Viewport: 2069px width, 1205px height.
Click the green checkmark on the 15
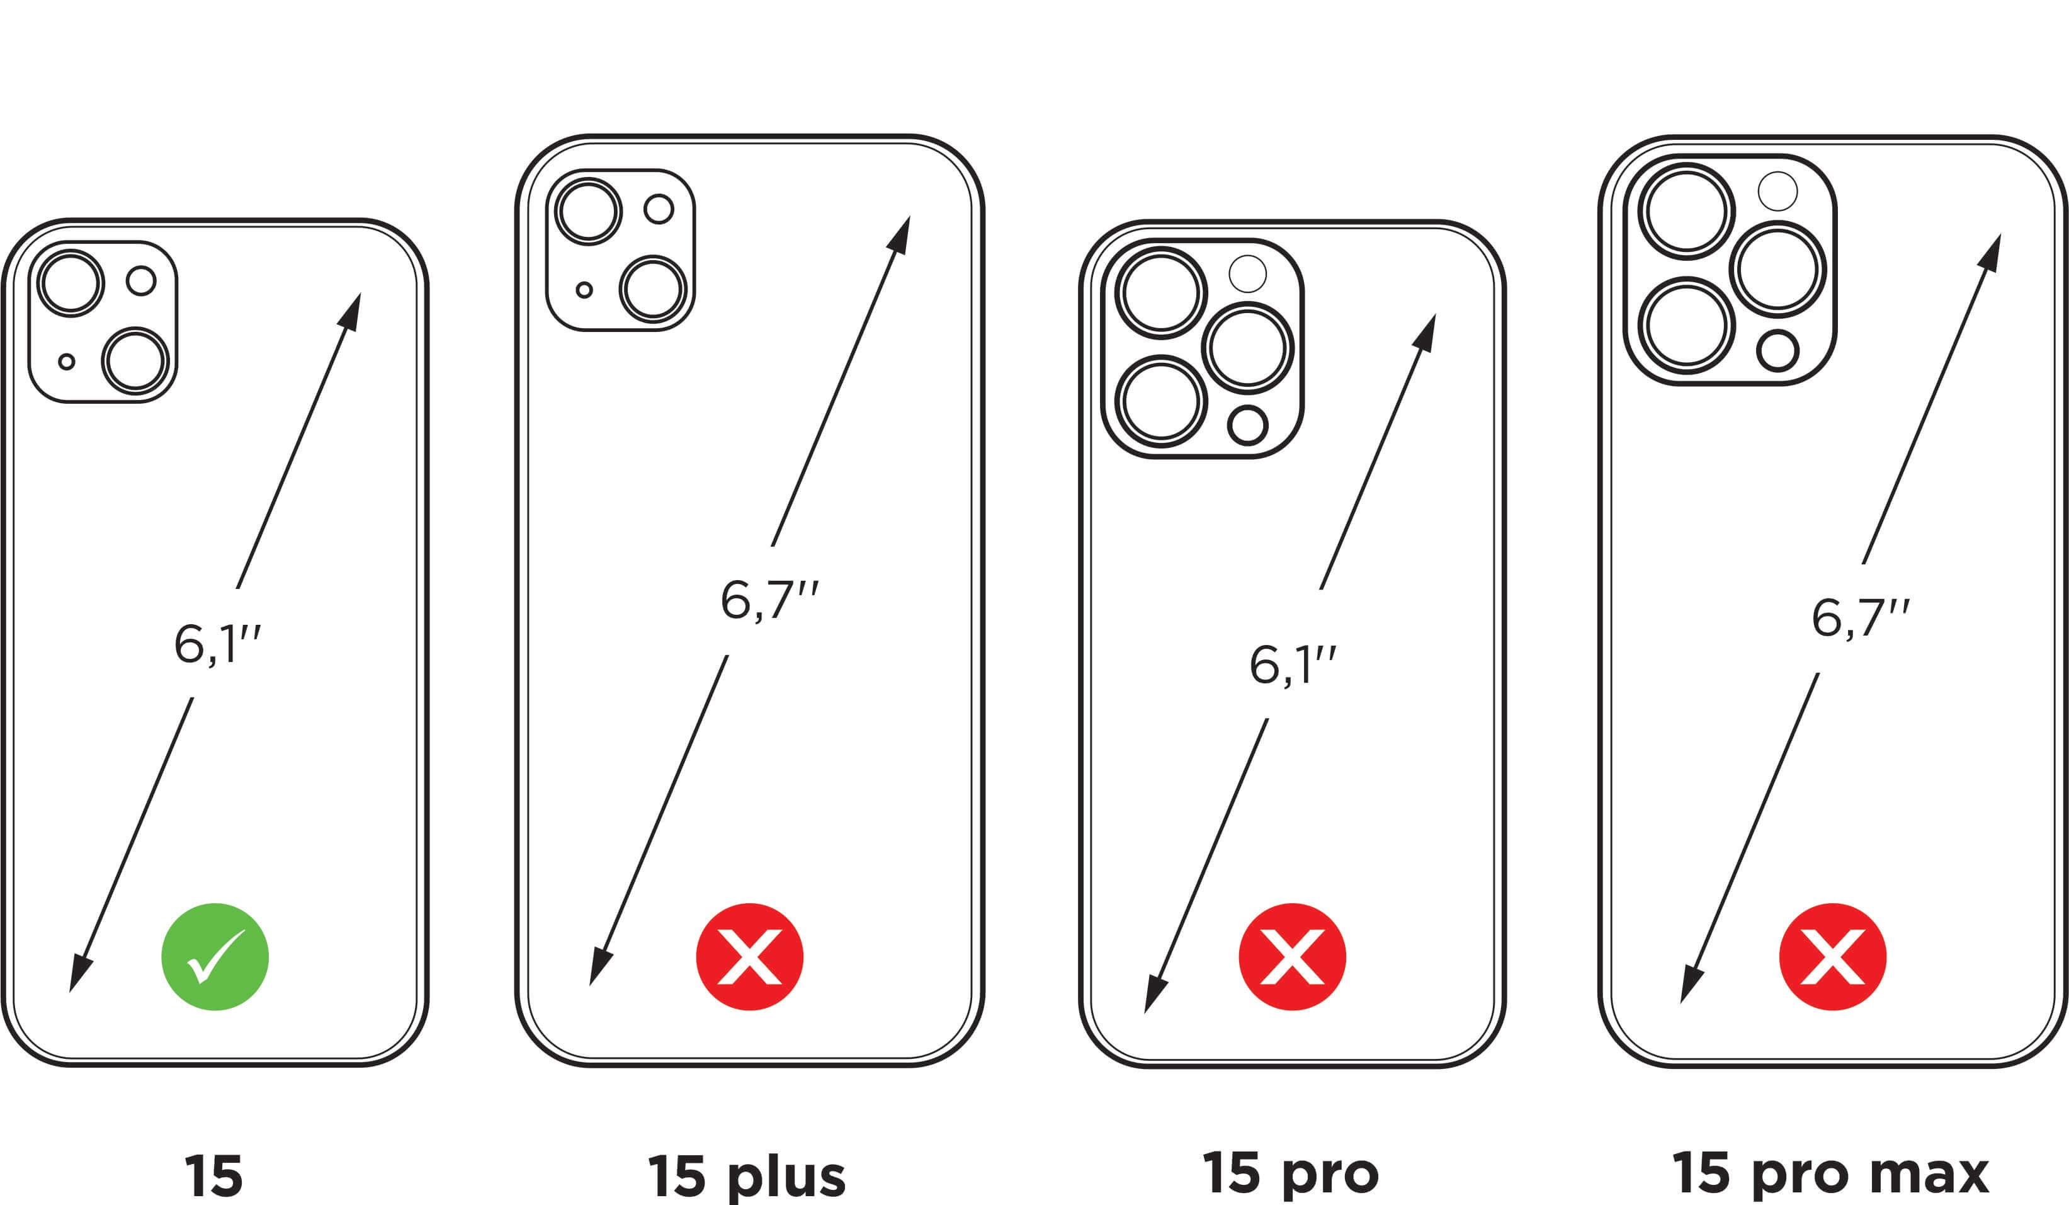215,956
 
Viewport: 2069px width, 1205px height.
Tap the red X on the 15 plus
750,956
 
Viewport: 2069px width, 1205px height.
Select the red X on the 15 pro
1291,956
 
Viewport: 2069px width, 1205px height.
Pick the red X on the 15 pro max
1832,956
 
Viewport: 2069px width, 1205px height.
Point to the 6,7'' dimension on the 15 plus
769,600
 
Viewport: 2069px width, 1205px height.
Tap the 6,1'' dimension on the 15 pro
1292,665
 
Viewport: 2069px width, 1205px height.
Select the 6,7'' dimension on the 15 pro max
1859,618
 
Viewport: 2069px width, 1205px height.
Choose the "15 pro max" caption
1830,1173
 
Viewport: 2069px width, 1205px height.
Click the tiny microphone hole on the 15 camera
67,362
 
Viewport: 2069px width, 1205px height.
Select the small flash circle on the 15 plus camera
659,208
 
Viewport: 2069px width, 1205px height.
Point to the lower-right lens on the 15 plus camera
654,290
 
